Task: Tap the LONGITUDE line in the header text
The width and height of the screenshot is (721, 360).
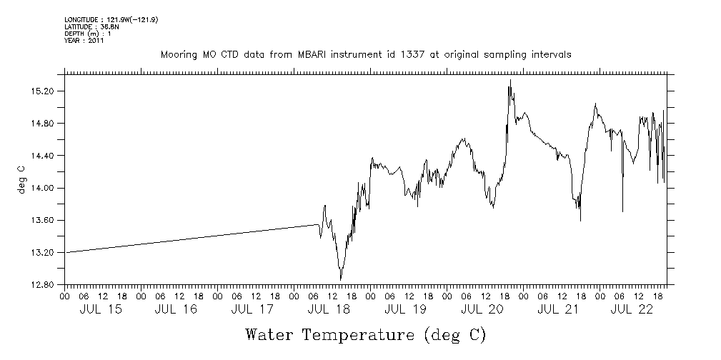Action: (111, 19)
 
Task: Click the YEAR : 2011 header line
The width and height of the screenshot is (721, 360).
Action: (84, 41)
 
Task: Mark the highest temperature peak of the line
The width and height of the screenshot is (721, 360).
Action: (510, 80)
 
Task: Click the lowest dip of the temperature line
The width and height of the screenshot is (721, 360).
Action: (341, 279)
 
